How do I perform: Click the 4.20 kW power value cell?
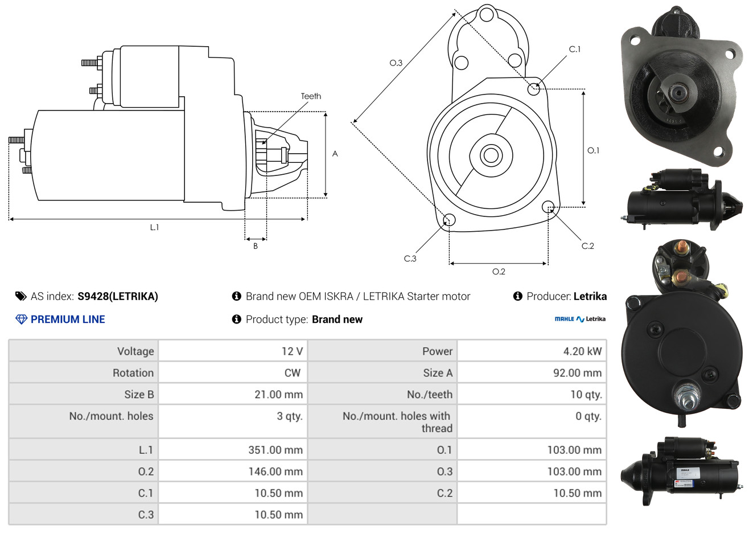(x=582, y=351)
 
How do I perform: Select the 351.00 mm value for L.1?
(x=275, y=450)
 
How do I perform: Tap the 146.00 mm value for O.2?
(x=275, y=471)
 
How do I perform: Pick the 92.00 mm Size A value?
(x=577, y=373)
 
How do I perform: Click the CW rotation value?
(x=292, y=373)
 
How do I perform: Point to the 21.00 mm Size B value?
(x=278, y=395)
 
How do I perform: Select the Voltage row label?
(x=135, y=351)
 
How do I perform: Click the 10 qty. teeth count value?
(x=586, y=395)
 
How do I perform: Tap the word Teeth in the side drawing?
(x=311, y=96)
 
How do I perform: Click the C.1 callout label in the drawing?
(x=574, y=49)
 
